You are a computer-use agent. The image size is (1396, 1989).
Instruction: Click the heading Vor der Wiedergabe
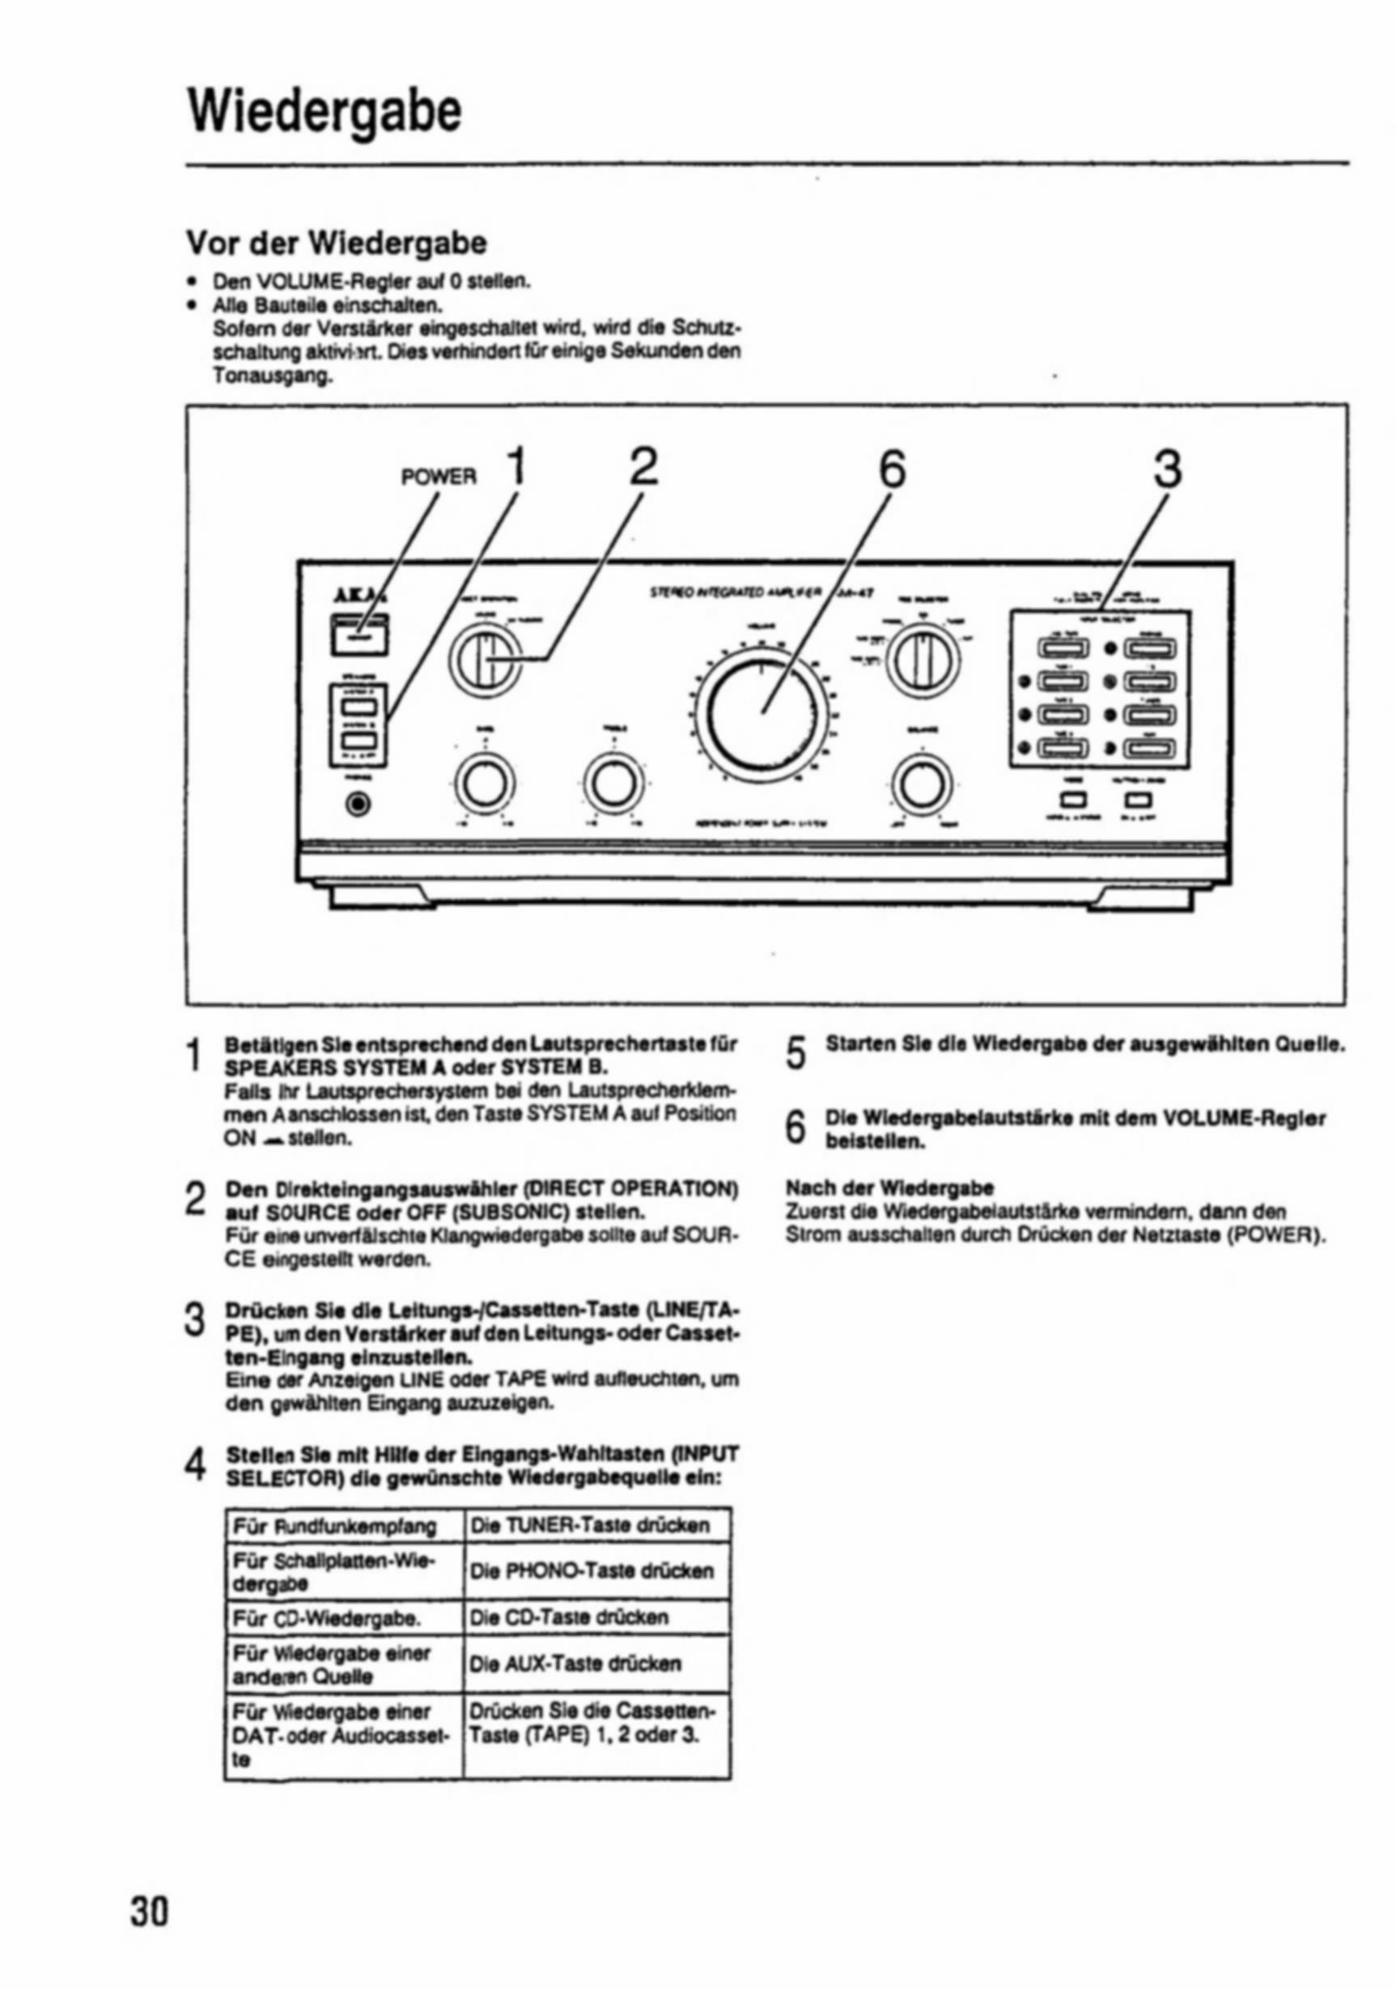(x=337, y=244)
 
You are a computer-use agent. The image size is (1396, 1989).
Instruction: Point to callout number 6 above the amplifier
(x=892, y=470)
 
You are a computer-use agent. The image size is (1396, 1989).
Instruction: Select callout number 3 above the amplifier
(x=1166, y=470)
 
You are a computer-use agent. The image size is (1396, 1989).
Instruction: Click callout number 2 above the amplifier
(x=643, y=469)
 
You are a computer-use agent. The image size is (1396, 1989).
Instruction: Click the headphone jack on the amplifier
(x=359, y=804)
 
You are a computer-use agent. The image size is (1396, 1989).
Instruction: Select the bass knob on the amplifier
(x=481, y=784)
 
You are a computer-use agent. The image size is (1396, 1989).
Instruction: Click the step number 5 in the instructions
(x=796, y=1052)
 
